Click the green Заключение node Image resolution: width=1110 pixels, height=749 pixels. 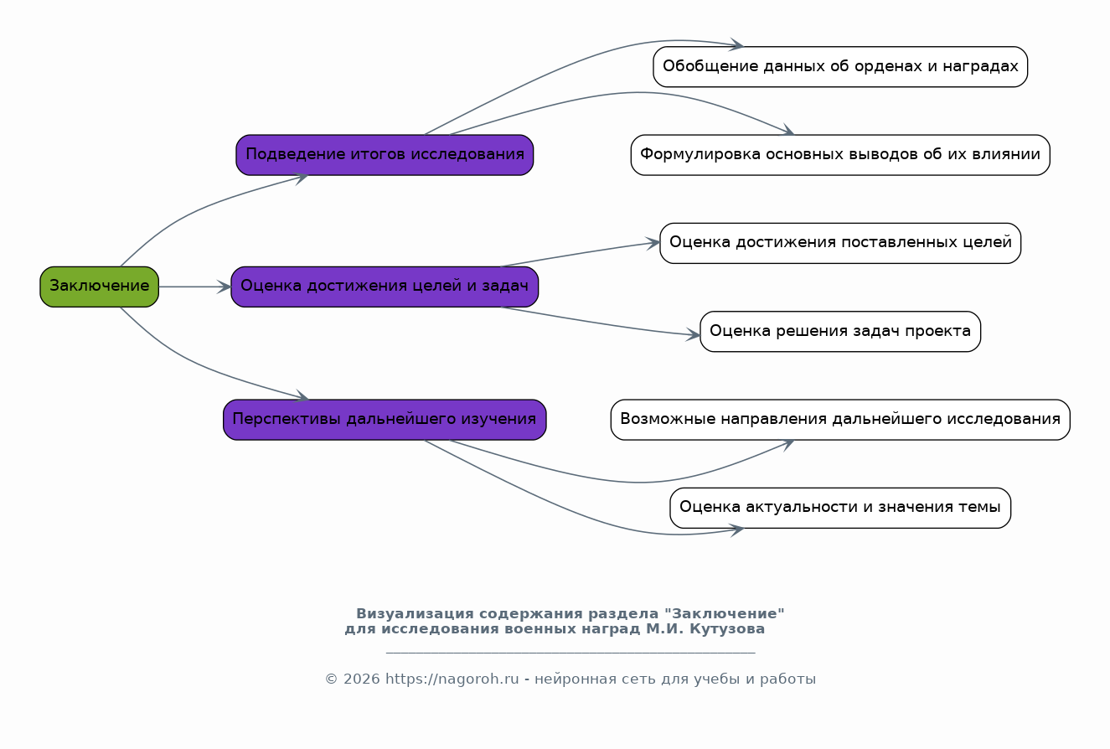click(x=99, y=287)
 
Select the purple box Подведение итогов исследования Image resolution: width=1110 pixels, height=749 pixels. click(x=385, y=155)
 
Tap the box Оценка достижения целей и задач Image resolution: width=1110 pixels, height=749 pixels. click(x=385, y=287)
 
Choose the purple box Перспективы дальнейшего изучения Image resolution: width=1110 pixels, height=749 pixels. click(x=385, y=420)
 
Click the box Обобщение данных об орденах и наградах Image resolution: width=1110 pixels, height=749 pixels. click(x=840, y=66)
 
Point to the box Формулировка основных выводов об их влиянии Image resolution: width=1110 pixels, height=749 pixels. click(x=840, y=155)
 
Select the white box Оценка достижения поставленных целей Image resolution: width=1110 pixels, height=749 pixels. click(x=840, y=243)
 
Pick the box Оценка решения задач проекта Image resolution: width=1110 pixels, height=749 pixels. click(x=840, y=331)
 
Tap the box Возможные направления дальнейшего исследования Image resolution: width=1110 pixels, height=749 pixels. click(x=840, y=420)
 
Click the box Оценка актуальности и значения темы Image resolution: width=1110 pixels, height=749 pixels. click(x=840, y=508)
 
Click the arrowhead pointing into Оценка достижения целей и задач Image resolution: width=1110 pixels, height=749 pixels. click(x=225, y=287)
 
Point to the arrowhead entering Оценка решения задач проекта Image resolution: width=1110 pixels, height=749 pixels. click(x=693, y=335)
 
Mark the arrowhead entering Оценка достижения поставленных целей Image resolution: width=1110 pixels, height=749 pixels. click(x=653, y=243)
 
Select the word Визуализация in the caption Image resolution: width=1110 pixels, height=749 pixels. click(x=416, y=613)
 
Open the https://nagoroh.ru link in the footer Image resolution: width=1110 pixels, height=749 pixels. click(x=452, y=679)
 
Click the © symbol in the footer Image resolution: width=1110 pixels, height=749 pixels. click(x=331, y=679)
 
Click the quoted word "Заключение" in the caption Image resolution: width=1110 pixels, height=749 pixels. click(x=724, y=613)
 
